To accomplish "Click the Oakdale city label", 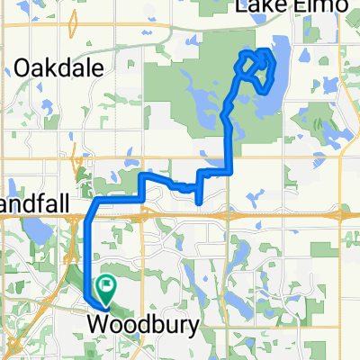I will tap(60, 68).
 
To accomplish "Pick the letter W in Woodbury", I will tap(95, 321).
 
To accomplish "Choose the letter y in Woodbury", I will tap(167, 323).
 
